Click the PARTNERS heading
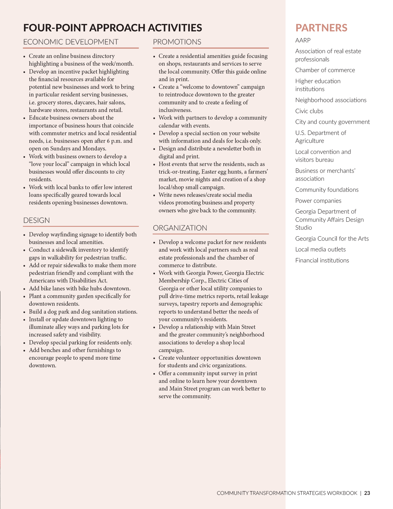(321, 28)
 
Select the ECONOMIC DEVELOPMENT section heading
(71, 42)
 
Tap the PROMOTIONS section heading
(177, 42)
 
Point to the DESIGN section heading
(36, 220)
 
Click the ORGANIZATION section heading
(180, 228)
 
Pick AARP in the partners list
(303, 40)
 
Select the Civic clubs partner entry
(309, 111)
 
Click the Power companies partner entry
(318, 201)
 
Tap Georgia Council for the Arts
(332, 239)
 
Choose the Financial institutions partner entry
(322, 260)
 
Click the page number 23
(367, 493)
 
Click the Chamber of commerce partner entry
(325, 70)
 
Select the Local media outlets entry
(320, 249)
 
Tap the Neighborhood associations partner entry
(331, 100)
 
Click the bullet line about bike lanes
(80, 288)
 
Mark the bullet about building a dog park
(83, 312)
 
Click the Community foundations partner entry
(327, 190)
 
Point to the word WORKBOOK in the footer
(342, 493)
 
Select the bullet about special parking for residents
(80, 342)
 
